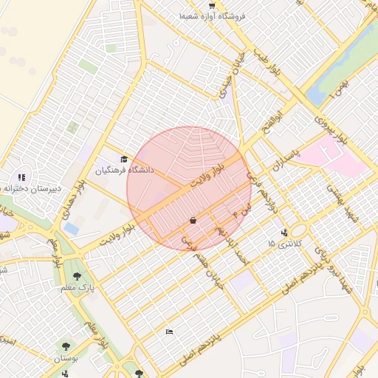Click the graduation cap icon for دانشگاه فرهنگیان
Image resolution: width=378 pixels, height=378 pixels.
[x=124, y=159]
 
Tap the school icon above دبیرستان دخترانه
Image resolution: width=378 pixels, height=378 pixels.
[x=21, y=177]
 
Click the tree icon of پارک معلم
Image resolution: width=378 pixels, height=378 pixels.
[x=77, y=276]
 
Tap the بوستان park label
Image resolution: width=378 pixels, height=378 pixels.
[x=69, y=358]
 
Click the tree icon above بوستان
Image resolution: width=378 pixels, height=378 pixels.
[x=67, y=346]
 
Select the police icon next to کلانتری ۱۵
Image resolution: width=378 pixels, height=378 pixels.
[x=285, y=233]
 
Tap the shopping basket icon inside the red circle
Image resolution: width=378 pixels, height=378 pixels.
[x=193, y=220]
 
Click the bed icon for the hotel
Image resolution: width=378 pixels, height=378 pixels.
[x=170, y=332]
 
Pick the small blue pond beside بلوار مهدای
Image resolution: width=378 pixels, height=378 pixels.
[x=71, y=228]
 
